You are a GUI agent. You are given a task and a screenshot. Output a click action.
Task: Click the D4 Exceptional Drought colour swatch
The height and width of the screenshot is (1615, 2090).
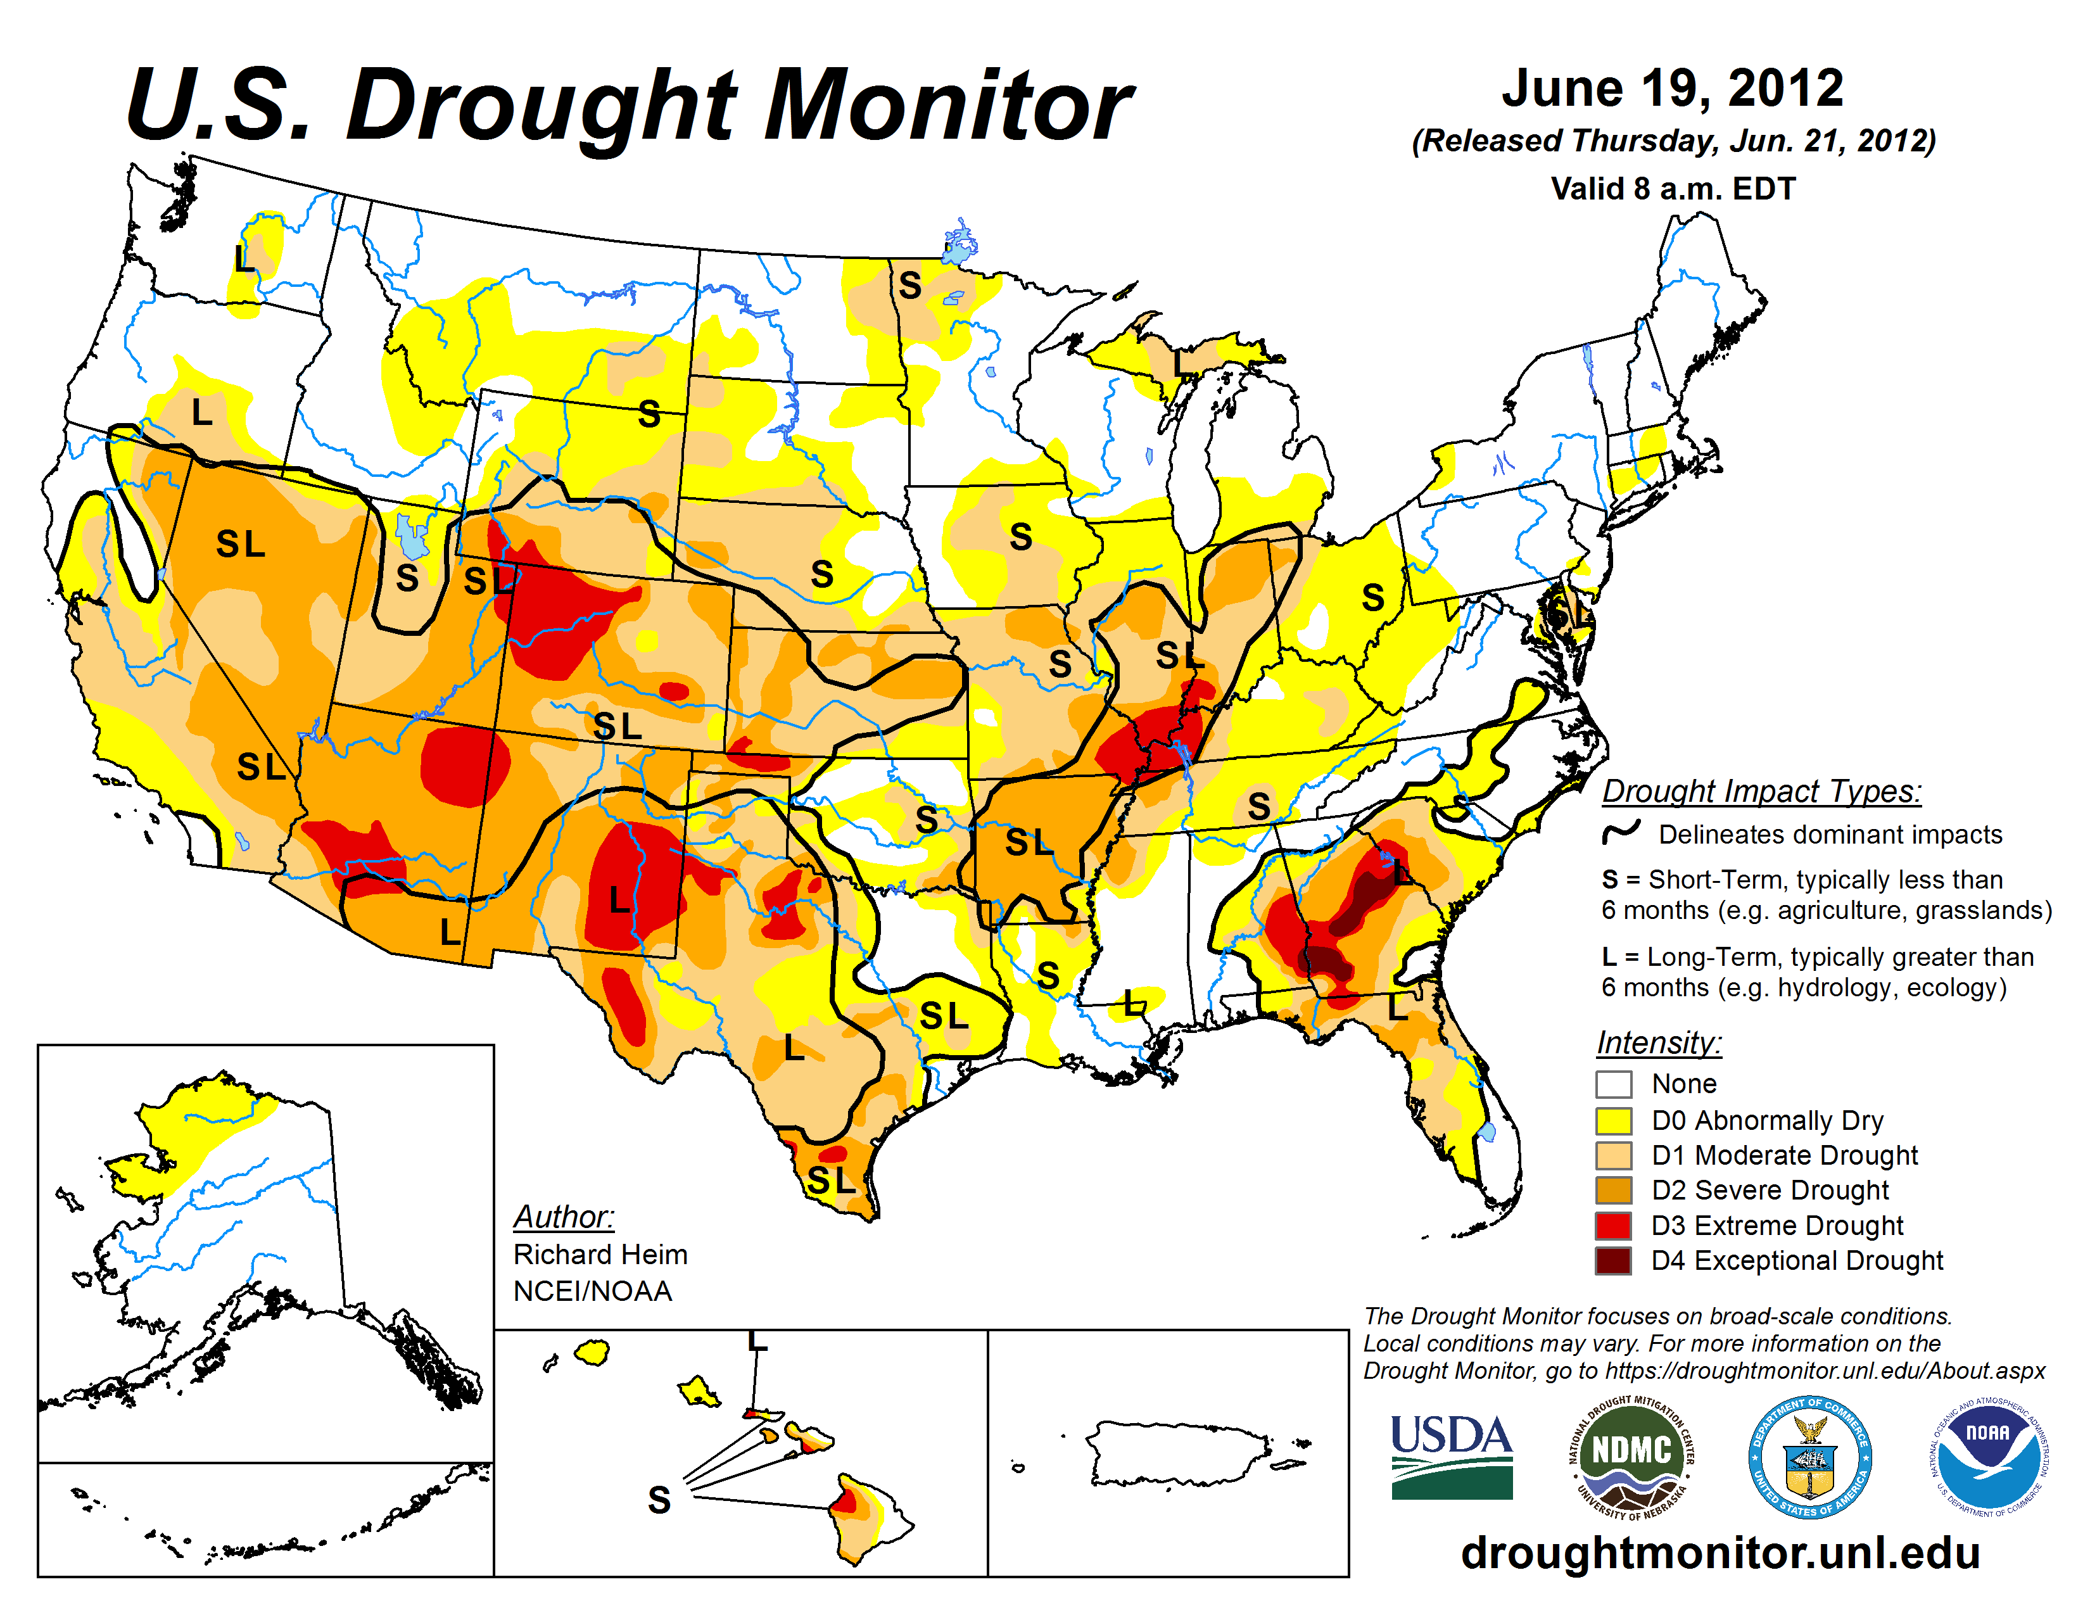[x=1614, y=1260]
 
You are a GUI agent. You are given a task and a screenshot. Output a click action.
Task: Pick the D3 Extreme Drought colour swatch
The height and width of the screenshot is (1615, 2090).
[x=1614, y=1225]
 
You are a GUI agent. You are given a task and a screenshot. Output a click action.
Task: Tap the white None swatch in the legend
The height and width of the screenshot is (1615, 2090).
[x=1614, y=1084]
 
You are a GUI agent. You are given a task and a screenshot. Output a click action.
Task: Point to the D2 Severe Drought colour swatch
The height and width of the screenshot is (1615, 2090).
[x=1614, y=1190]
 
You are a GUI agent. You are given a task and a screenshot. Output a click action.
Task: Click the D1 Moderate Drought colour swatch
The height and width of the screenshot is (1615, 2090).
[x=1614, y=1155]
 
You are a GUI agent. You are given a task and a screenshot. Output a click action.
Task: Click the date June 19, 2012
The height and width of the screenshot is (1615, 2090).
[x=1672, y=88]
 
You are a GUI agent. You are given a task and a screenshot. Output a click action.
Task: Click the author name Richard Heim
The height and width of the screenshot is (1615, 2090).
[x=600, y=1254]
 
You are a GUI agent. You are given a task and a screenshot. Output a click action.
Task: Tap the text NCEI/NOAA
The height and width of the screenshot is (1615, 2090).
[x=592, y=1291]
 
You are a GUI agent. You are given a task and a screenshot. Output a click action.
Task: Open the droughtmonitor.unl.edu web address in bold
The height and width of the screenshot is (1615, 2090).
[x=1719, y=1552]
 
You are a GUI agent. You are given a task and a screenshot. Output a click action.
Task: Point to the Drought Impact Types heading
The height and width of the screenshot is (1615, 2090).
[x=1761, y=791]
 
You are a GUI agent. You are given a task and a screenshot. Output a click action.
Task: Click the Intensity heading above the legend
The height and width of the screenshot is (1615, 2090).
[x=1659, y=1042]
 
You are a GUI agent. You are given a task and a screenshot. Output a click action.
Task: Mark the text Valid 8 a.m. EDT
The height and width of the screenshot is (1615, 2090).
[x=1673, y=189]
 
